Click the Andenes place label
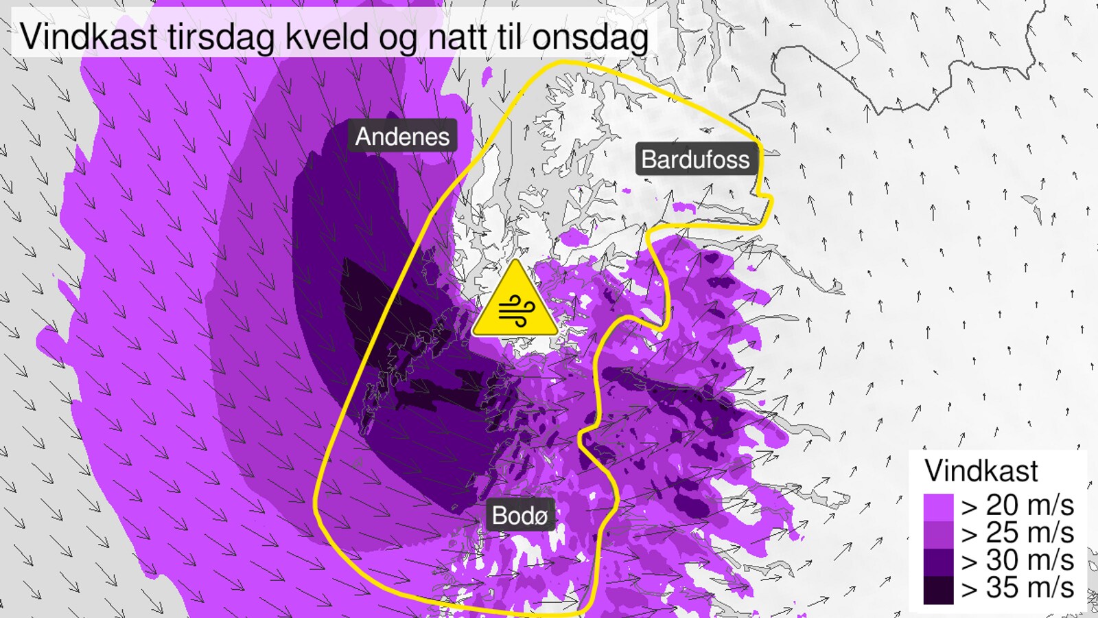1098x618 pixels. pyautogui.click(x=402, y=137)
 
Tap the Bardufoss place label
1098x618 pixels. pyautogui.click(x=695, y=159)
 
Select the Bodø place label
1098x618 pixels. pyautogui.click(x=519, y=515)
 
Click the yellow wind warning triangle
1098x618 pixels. pyautogui.click(x=515, y=302)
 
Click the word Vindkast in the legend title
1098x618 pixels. pyautogui.click(x=981, y=471)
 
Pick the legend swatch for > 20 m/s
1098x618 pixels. pyautogui.click(x=938, y=507)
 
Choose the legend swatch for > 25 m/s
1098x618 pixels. pyautogui.click(x=938, y=534)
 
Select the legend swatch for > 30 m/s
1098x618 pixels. pyautogui.click(x=938, y=562)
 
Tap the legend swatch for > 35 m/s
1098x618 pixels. pyautogui.click(x=938, y=589)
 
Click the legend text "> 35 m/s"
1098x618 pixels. pyautogui.click(x=1017, y=588)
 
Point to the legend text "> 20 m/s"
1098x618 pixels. pyautogui.click(x=1017, y=505)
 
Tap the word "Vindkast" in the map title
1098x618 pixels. pyautogui.click(x=89, y=36)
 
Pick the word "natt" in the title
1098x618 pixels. pyautogui.click(x=457, y=37)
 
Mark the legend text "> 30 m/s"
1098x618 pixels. pyautogui.click(x=1017, y=560)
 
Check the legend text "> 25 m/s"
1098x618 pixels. pyautogui.click(x=1017, y=533)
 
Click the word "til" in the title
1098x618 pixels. pyautogui.click(x=509, y=36)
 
